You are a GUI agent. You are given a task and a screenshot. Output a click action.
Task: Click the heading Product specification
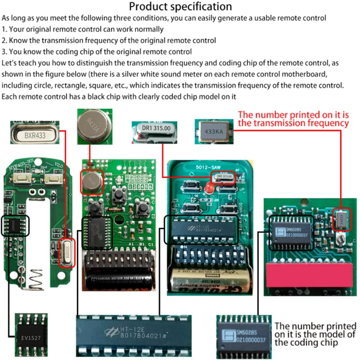point(180,7)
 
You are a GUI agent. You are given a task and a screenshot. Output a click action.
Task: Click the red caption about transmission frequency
point(293,118)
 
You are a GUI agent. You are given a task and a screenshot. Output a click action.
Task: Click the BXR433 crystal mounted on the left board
point(67,253)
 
